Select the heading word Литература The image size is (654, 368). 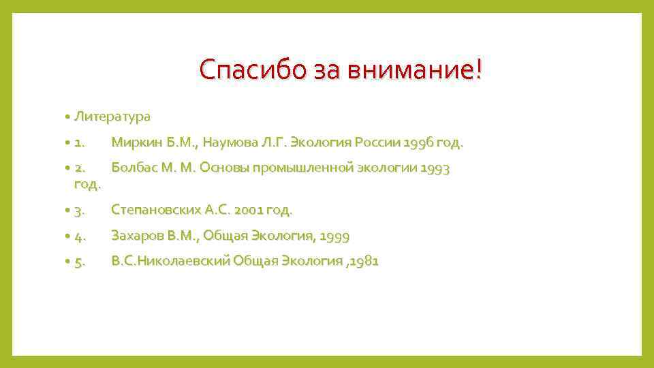click(x=112, y=117)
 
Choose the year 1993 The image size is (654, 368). click(x=435, y=168)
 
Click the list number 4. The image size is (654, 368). click(x=80, y=236)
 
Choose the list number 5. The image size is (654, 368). click(x=80, y=262)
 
